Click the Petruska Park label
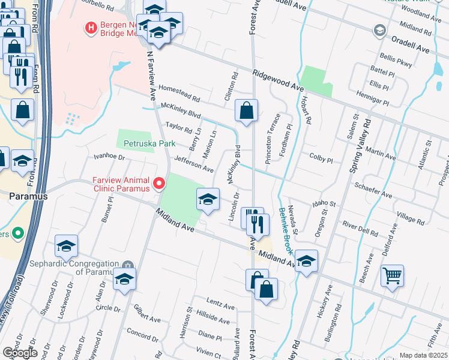149,143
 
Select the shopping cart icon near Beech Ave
392,277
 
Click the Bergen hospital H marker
91,27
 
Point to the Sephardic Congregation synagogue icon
127,265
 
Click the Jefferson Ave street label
194,164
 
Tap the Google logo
20,353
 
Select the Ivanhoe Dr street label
108,157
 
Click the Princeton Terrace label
273,139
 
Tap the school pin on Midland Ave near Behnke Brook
306,260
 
